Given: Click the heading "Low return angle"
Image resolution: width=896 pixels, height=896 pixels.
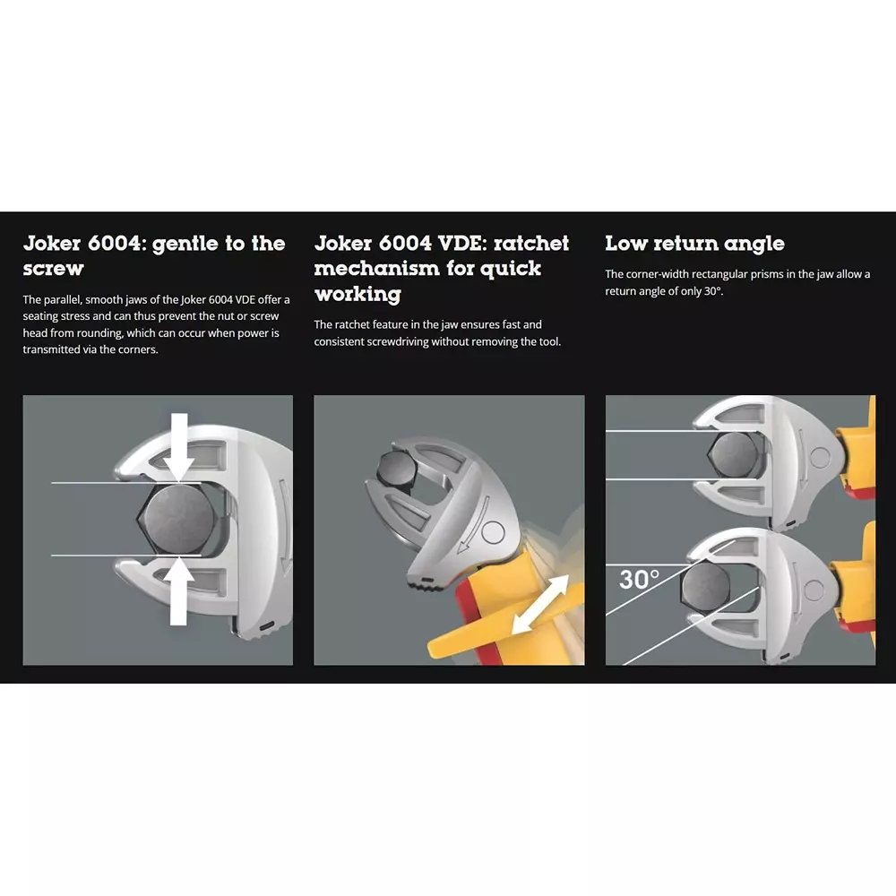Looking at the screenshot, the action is pos(694,244).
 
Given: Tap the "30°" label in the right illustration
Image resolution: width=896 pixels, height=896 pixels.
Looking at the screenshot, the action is pos(639,580).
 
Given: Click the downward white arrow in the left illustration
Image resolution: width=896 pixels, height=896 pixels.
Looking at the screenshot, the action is pos(179,447).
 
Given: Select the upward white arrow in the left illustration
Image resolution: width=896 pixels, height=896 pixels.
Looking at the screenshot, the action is pos(179,590).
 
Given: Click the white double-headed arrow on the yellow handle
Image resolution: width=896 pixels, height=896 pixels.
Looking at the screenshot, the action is pos(540,604).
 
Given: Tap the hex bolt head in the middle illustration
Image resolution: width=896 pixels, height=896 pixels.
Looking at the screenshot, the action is pos(396,468).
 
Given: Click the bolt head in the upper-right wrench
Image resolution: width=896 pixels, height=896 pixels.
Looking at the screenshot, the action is pos(734,454).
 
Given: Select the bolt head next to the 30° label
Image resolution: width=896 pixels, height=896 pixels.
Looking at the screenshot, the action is pos(706,589).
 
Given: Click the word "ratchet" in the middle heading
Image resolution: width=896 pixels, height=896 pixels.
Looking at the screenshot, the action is pos(530,244).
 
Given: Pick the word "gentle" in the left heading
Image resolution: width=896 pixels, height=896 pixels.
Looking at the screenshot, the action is pos(185,245).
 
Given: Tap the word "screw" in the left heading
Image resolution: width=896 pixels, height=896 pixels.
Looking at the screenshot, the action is pos(53,269).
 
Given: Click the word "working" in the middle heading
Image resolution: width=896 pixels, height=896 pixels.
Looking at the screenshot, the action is pos(358,294).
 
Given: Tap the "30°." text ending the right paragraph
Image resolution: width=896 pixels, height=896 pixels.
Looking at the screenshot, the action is pos(713,291).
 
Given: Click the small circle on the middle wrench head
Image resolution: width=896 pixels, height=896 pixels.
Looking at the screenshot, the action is pos(493,532).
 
